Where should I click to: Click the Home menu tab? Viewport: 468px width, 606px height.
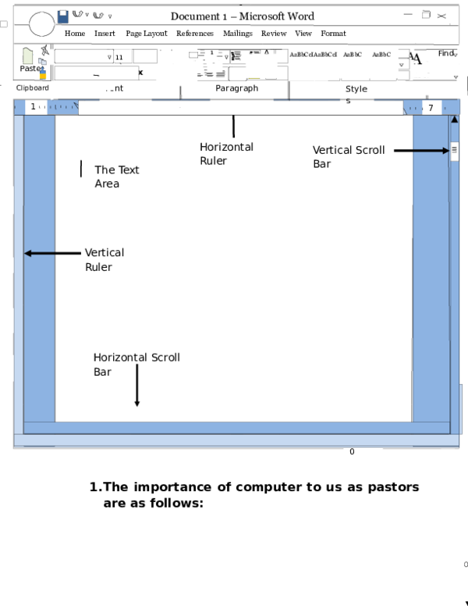[75, 34]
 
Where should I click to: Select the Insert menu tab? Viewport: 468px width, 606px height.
[105, 34]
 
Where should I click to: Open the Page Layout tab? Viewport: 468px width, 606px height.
[147, 34]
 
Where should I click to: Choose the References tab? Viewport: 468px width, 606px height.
[194, 34]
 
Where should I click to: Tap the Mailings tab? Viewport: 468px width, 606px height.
[237, 34]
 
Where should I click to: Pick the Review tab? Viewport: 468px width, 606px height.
[274, 34]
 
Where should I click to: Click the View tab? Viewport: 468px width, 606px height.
[303, 34]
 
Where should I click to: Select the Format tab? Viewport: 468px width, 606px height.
[333, 34]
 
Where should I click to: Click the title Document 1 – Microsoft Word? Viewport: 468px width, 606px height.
[242, 16]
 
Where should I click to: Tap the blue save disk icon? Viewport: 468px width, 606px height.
[63, 15]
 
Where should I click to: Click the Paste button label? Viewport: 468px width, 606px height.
[32, 68]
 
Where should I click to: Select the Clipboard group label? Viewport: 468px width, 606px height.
[33, 88]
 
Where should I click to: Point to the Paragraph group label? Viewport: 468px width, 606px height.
[236, 88]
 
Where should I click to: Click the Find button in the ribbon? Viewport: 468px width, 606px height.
[446, 54]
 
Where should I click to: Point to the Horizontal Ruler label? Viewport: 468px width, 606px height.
[226, 154]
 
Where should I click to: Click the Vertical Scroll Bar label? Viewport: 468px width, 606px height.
[349, 157]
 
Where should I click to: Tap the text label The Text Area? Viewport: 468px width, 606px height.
[117, 176]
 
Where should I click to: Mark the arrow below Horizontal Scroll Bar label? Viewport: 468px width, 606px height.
[136, 386]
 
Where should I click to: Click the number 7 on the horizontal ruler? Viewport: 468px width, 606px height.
[431, 108]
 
